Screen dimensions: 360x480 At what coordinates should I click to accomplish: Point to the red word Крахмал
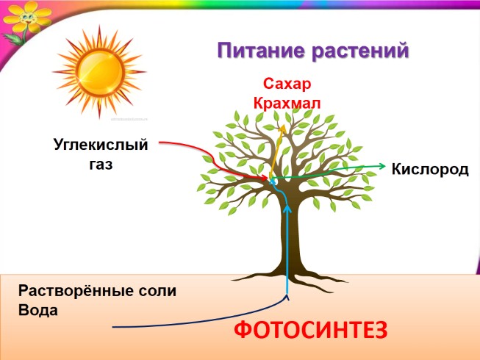pos(287,103)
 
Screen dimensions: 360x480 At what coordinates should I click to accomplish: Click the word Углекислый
pos(101,145)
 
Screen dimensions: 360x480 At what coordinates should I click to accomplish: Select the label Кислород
pos(430,170)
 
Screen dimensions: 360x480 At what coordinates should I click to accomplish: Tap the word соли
pos(159,290)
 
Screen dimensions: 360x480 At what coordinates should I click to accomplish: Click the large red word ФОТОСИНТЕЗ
pos(309,331)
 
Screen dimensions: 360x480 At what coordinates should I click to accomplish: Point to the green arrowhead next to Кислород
pos(382,167)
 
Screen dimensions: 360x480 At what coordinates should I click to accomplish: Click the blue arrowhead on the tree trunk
pos(287,209)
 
